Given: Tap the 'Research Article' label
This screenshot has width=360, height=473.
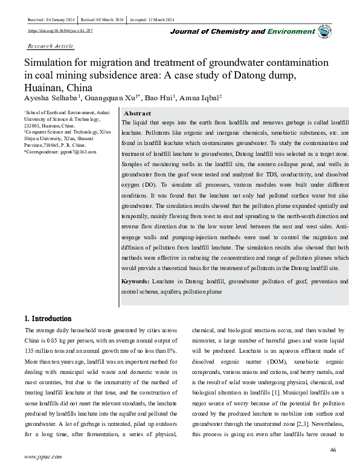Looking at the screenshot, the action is pos(51,46).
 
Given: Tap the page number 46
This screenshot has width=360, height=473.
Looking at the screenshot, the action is pos(333,450).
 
